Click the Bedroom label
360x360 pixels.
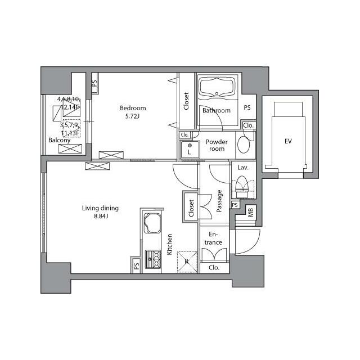coord(133,108)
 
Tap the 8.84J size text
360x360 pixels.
coord(101,216)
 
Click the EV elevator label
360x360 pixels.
coord(288,141)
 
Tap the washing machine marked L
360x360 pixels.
coord(190,150)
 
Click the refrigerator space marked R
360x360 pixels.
coord(187,262)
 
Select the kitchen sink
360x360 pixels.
coord(152,223)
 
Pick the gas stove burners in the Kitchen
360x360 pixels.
coord(153,259)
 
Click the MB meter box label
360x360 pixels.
coord(250,213)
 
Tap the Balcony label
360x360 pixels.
coord(59,140)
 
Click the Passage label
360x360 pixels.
coord(219,201)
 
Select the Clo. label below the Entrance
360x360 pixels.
coord(214,268)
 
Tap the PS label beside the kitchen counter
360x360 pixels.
coord(136,266)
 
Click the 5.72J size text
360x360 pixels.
coord(132,116)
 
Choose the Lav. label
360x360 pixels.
coord(243,168)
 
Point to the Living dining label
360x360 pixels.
coord(100,208)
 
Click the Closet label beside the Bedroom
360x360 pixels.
coord(186,101)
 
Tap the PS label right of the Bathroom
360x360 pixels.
coord(247,107)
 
